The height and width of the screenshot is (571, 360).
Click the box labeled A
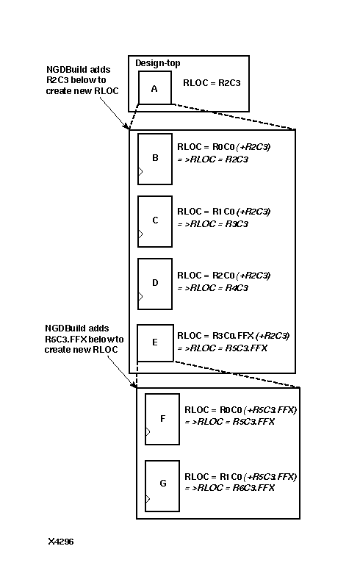(154, 87)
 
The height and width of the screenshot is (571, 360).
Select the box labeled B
(154, 158)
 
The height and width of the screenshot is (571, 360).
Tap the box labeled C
(154, 220)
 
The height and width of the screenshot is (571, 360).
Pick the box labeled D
(154, 282)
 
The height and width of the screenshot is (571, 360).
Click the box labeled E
(154, 342)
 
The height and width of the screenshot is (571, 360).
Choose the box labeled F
(162, 419)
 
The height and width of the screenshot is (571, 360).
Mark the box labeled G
(162, 484)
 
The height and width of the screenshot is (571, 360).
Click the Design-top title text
(157, 63)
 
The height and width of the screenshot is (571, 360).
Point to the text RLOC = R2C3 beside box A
(212, 84)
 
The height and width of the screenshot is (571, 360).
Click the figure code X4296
(61, 542)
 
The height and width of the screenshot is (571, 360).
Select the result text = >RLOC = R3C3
(213, 224)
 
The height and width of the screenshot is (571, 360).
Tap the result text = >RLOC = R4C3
(213, 288)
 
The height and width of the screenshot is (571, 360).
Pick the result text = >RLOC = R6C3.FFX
(229, 488)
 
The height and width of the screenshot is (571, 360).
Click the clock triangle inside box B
(141, 172)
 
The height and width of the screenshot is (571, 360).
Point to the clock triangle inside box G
(148, 500)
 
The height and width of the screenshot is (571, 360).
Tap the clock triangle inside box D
(141, 297)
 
